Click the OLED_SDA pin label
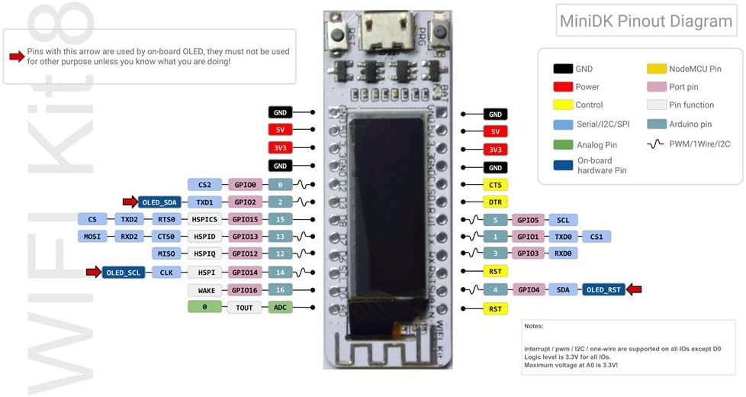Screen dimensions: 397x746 (x=159, y=202)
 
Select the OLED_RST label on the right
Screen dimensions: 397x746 (x=604, y=289)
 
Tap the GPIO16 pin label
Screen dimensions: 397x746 (x=246, y=290)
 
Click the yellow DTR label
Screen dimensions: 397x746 (x=495, y=202)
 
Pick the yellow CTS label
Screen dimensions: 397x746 (x=495, y=185)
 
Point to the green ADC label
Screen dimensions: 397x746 (x=280, y=307)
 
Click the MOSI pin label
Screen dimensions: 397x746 (x=92, y=237)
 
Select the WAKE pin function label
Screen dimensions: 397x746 (x=206, y=290)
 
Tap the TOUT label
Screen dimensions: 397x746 (x=246, y=307)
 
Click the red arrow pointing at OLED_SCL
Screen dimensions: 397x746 (x=92, y=272)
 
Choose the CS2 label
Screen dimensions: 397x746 (x=204, y=185)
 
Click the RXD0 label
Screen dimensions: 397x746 (x=563, y=253)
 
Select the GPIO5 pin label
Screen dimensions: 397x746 (x=528, y=220)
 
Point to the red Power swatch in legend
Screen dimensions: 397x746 (x=563, y=87)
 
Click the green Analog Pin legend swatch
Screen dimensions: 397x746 (x=563, y=144)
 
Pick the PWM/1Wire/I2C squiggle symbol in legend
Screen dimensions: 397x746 (x=656, y=144)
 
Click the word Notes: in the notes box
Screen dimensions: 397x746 (x=534, y=326)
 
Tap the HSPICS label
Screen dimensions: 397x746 (x=205, y=220)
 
